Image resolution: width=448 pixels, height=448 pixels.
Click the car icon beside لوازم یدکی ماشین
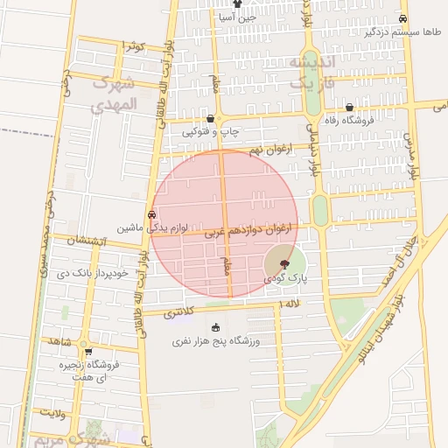coord(152,213)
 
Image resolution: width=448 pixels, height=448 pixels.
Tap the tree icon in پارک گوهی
coord(284,263)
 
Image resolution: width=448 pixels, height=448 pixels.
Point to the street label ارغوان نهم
coord(269,150)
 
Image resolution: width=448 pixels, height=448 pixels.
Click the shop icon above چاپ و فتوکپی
coord(210,118)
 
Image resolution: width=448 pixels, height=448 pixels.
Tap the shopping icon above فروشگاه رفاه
coord(349,107)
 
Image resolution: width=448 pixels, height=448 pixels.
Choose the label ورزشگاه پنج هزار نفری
coord(222,339)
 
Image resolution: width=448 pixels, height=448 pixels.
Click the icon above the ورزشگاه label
coord(216,327)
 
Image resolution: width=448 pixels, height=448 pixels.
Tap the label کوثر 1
coord(133,45)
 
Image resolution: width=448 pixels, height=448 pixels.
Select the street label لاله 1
coord(289,304)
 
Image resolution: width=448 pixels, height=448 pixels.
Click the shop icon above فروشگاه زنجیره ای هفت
coord(87,351)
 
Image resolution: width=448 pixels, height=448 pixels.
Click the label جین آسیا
coord(236,16)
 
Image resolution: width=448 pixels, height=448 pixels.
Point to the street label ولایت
coord(52,409)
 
